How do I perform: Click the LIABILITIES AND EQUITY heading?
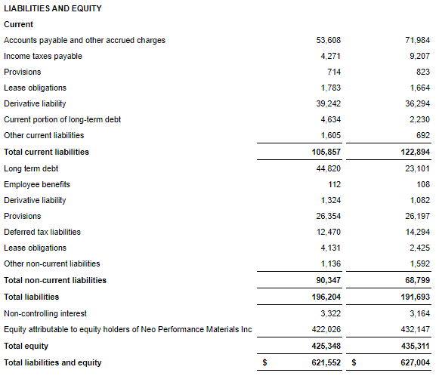point(53,8)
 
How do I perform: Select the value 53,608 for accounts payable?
point(329,40)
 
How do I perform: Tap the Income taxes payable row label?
point(43,56)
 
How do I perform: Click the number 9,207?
point(419,56)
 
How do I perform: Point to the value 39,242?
point(329,103)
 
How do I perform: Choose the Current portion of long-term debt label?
point(62,120)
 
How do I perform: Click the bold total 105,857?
point(326,152)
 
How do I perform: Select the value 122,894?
point(416,152)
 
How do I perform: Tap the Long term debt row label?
point(31,168)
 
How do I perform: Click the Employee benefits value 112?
point(334,185)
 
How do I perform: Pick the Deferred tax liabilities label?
point(42,232)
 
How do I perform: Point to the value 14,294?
point(417,232)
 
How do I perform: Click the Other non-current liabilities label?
point(52,263)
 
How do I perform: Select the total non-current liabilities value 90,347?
point(329,280)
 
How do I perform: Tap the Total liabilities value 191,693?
point(416,297)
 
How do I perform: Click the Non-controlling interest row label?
point(45,313)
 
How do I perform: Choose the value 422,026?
point(326,329)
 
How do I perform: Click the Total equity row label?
point(26,347)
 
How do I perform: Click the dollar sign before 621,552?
point(264,362)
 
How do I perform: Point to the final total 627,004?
point(416,362)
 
